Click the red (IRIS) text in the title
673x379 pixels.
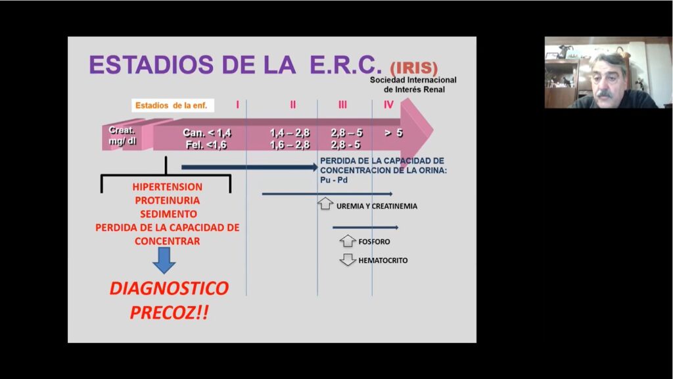[x=414, y=68]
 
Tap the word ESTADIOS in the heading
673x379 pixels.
[x=151, y=64]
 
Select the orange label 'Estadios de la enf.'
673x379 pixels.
[x=172, y=105]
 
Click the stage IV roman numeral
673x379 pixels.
[x=388, y=105]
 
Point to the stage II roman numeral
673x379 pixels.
[x=292, y=105]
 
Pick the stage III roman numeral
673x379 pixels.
[x=342, y=105]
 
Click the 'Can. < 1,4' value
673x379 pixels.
[x=207, y=133]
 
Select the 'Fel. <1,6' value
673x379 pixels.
[x=206, y=145]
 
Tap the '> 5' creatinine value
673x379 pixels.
[x=394, y=133]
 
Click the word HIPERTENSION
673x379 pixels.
[x=168, y=187]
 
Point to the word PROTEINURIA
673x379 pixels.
[x=168, y=201]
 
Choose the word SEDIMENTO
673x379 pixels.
[x=168, y=214]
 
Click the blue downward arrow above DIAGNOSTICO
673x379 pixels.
[x=164, y=261]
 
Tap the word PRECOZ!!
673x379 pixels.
[x=169, y=313]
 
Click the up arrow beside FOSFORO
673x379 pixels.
[x=348, y=241]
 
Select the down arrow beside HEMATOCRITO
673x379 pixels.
[x=348, y=260]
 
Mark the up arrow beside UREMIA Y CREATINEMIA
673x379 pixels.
[x=325, y=203]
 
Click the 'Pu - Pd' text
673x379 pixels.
[x=334, y=180]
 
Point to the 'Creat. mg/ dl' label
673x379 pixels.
[x=122, y=136]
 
